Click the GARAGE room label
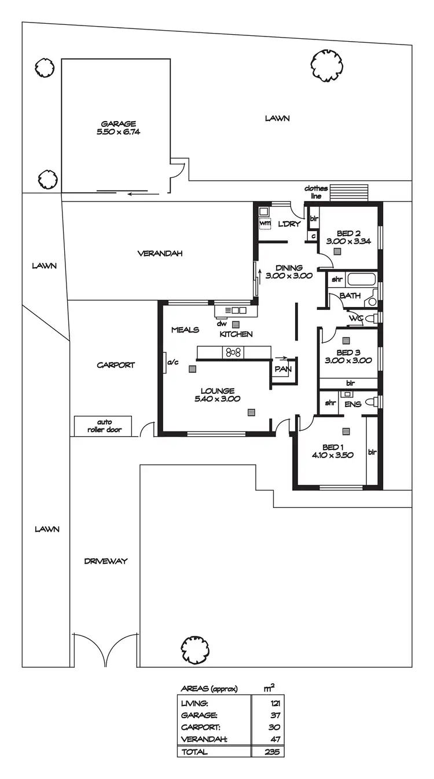click(119, 123)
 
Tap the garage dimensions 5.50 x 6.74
click(119, 131)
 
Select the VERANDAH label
click(152, 253)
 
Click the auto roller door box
click(103, 426)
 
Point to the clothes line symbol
click(349, 192)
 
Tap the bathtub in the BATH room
click(362, 280)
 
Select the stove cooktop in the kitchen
click(234, 352)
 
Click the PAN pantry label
click(282, 369)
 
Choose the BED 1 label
click(333, 447)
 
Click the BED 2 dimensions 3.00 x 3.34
click(348, 241)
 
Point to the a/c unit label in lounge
click(172, 363)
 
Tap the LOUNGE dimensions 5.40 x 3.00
click(218, 398)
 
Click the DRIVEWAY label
click(105, 561)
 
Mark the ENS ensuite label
click(352, 404)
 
